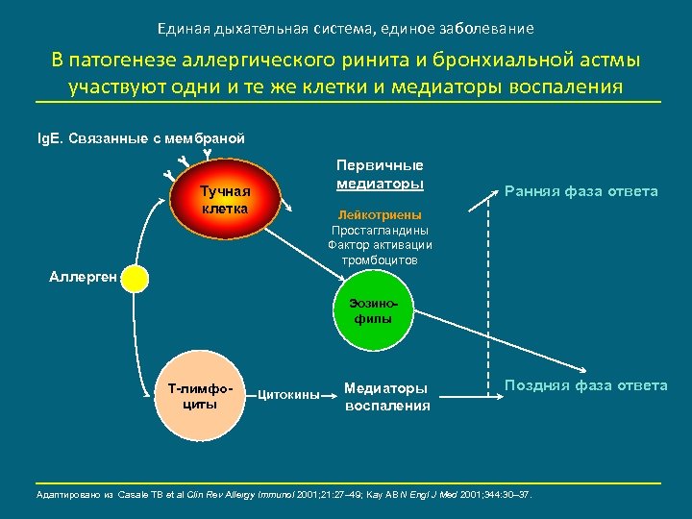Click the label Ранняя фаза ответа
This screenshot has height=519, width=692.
tap(581, 191)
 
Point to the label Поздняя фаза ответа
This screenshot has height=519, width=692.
tap(585, 385)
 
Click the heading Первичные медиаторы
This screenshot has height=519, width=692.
tap(380, 174)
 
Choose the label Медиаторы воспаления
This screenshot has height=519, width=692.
tap(387, 397)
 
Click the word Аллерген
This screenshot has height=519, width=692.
tap(83, 278)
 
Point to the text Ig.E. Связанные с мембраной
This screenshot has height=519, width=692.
tap(139, 138)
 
